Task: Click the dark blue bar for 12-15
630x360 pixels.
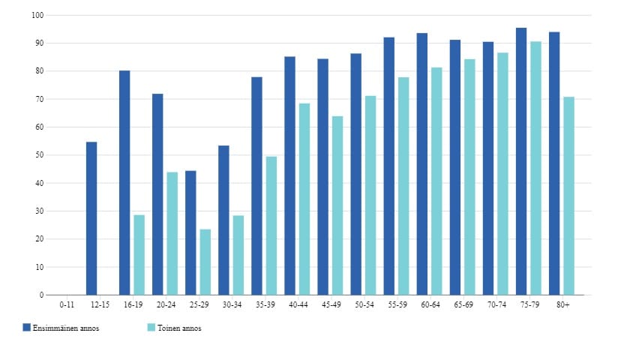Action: coord(91,218)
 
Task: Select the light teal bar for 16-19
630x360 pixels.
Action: coord(139,255)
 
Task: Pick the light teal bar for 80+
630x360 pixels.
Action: coord(568,196)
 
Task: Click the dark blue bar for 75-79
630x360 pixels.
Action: coord(521,161)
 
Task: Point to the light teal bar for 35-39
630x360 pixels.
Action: coord(271,226)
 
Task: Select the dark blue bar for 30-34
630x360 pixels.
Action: coord(223,220)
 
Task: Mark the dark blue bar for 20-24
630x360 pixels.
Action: coord(157,194)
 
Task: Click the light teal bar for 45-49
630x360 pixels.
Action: coord(337,205)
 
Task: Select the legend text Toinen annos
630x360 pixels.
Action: coord(180,328)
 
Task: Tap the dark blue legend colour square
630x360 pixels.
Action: coord(26,328)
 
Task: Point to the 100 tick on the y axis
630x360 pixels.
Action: coord(39,15)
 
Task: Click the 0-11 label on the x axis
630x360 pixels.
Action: coord(67,304)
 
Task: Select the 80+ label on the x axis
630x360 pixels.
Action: coord(562,304)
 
